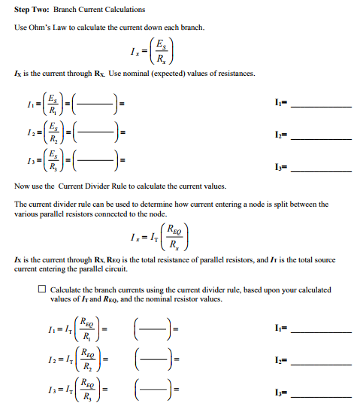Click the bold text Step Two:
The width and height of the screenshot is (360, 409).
click(x=31, y=10)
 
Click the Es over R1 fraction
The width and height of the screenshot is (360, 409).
click(x=50, y=103)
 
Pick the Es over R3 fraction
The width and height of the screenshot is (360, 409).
click(x=50, y=162)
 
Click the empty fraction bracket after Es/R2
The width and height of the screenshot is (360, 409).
click(x=95, y=133)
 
